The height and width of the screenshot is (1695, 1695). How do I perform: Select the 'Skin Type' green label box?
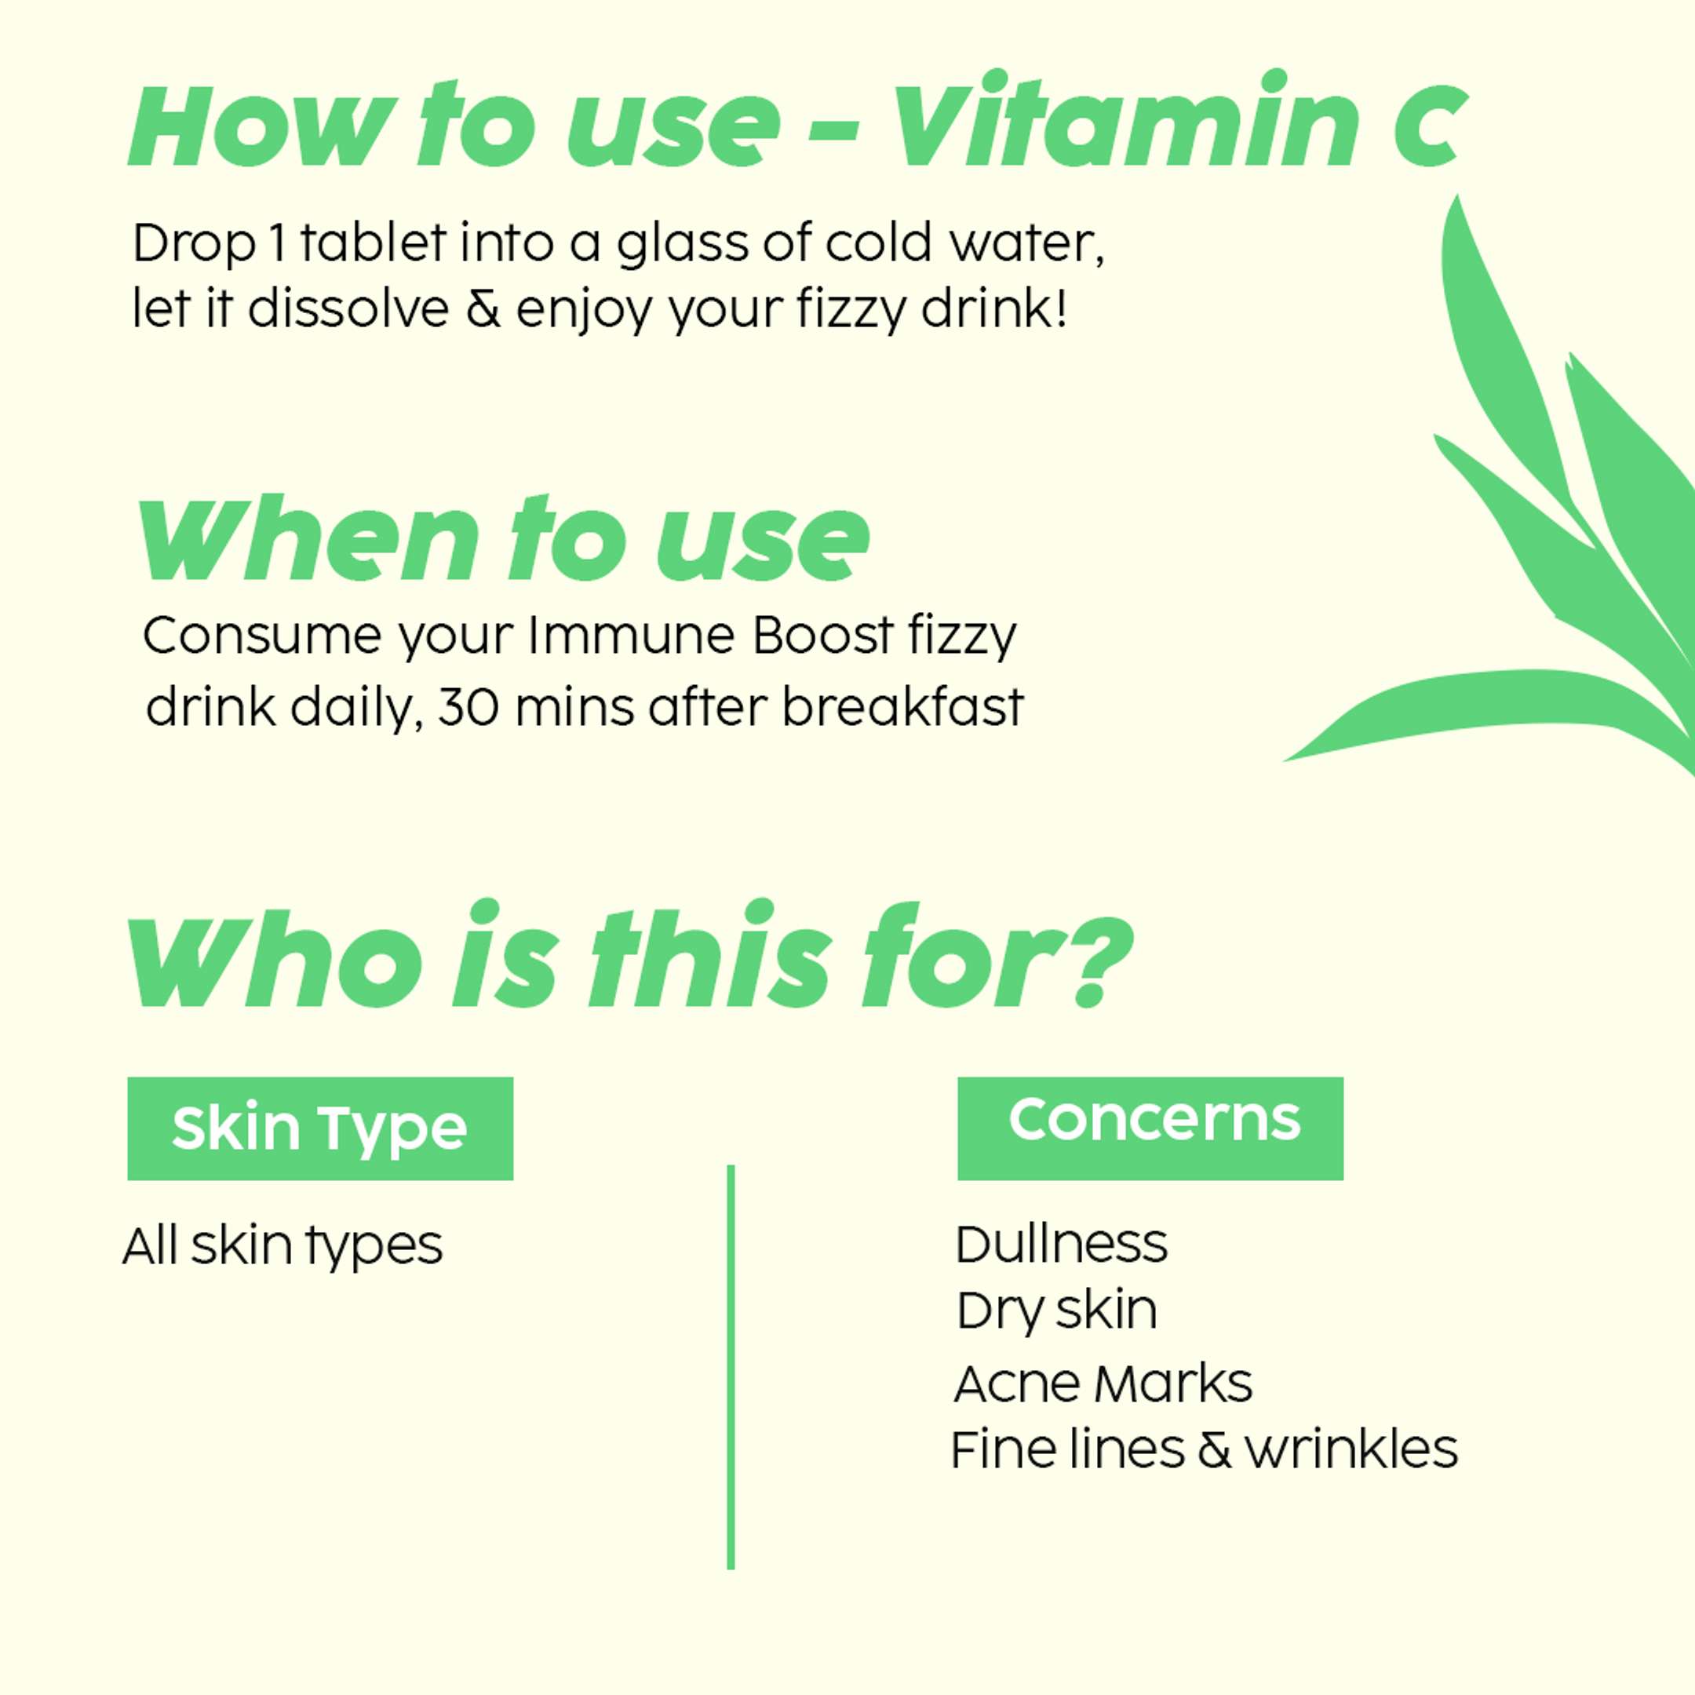(320, 1128)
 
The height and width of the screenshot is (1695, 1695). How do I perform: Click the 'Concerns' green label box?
(1150, 1128)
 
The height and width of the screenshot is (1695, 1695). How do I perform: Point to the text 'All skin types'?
(282, 1247)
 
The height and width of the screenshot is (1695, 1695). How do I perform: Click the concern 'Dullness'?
(1062, 1243)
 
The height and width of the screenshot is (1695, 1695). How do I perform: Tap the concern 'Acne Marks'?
(1103, 1383)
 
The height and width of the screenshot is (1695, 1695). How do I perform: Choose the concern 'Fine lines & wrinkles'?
(1204, 1449)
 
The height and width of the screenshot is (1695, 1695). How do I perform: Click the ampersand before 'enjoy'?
(483, 309)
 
